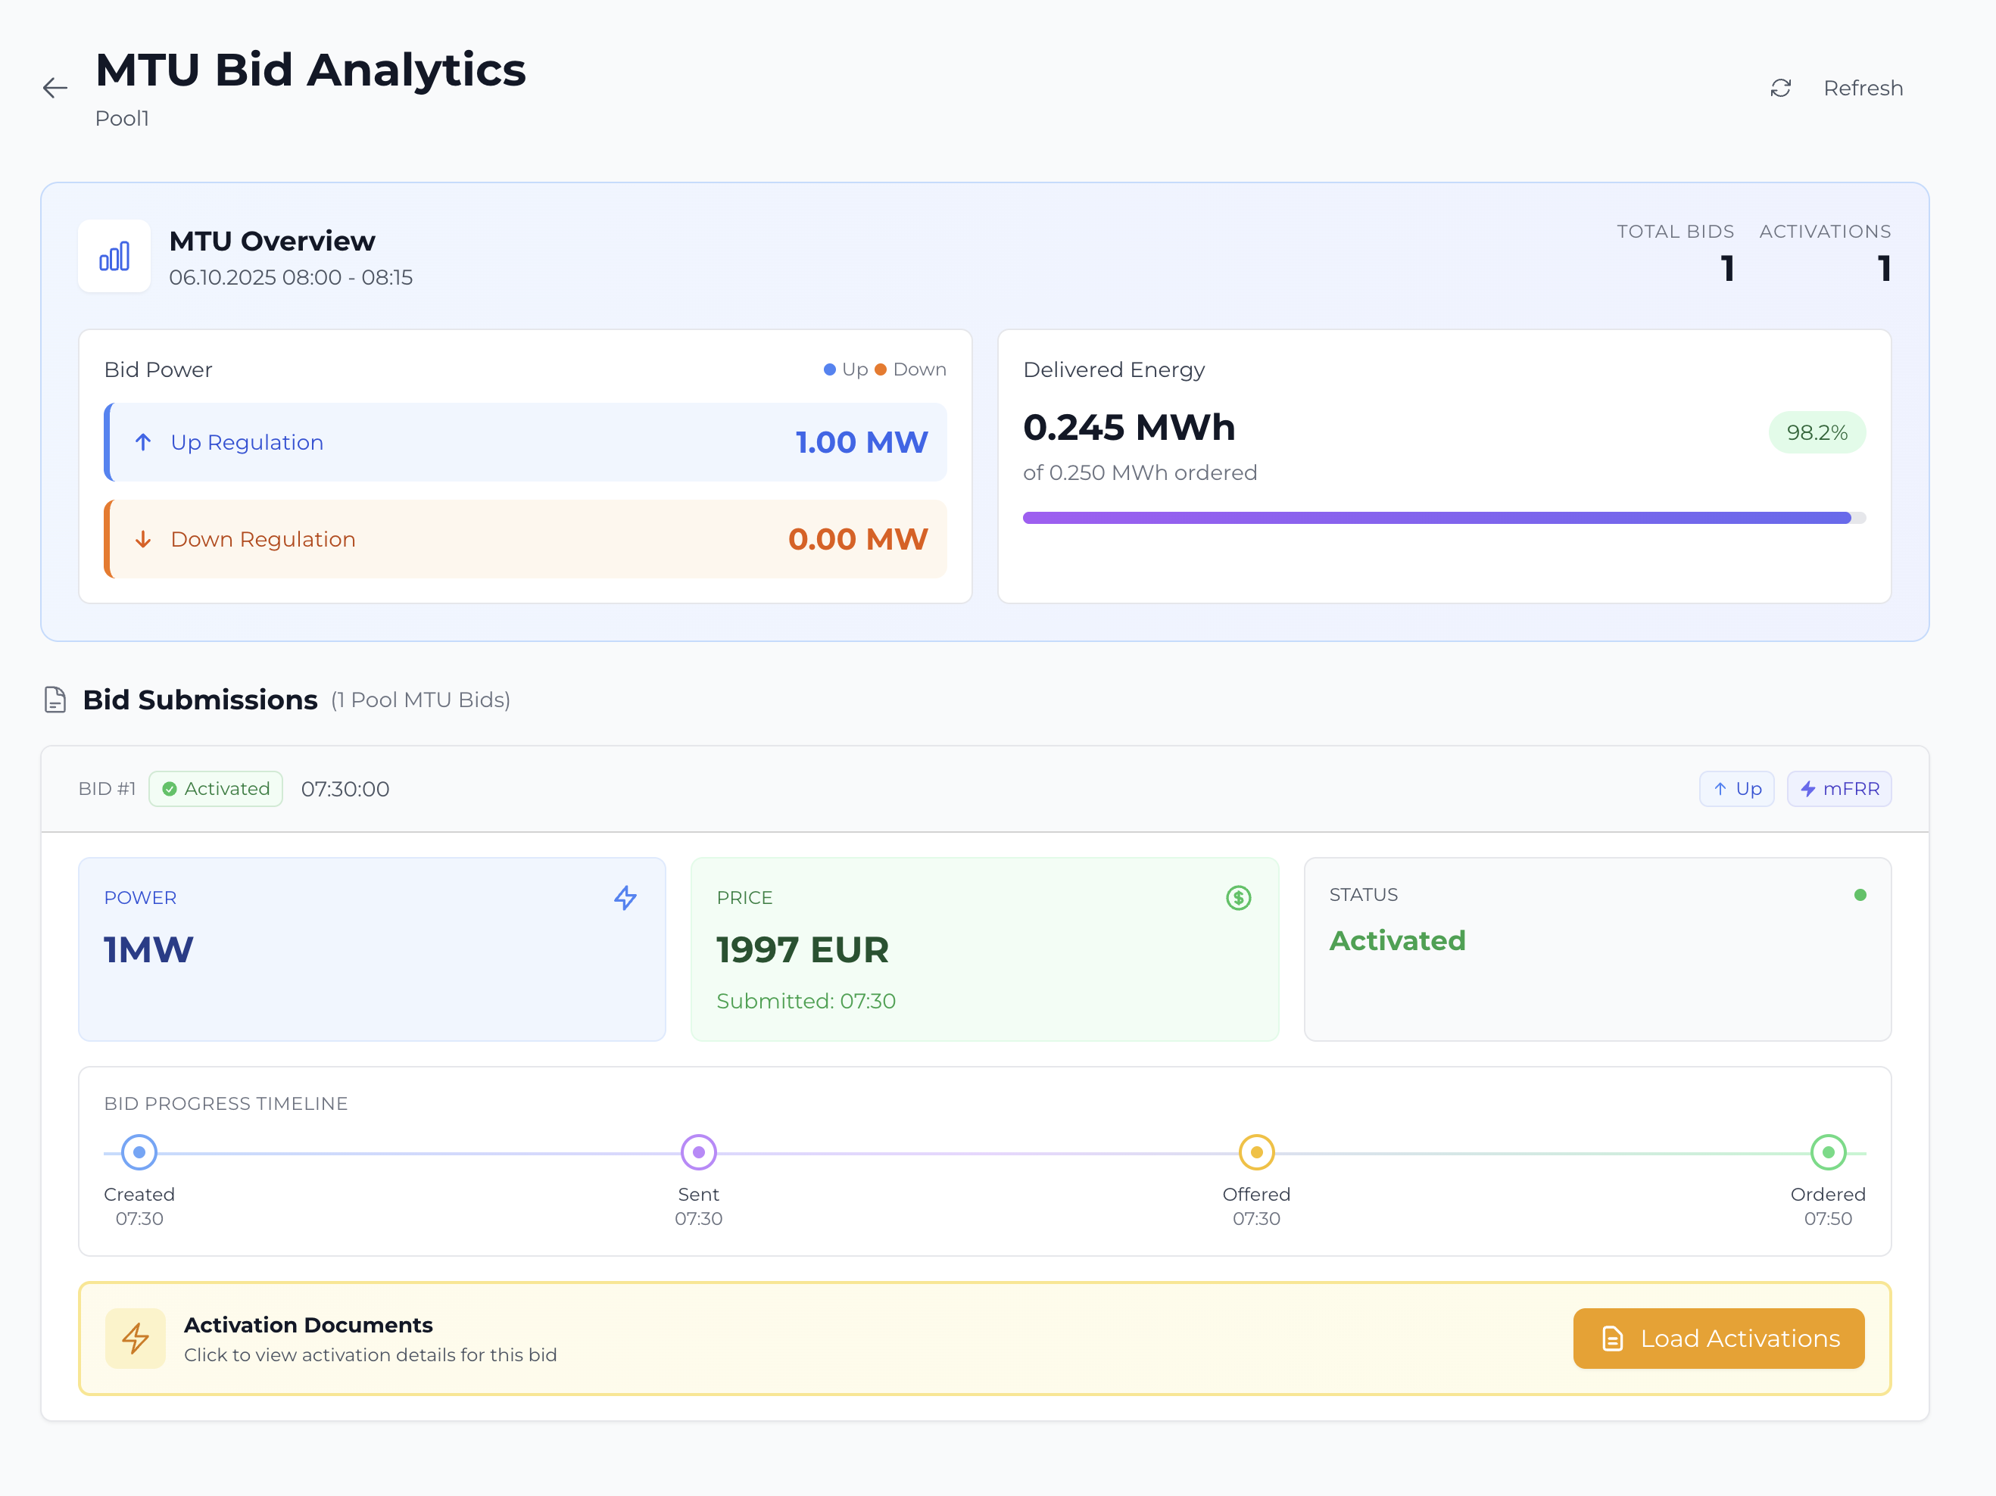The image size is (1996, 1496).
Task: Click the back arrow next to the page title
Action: (55, 88)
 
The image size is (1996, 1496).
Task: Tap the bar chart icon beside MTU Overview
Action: (114, 256)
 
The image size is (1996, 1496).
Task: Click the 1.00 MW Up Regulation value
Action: (861, 442)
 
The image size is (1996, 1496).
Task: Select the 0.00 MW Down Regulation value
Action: (857, 539)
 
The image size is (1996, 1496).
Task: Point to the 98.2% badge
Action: (1817, 432)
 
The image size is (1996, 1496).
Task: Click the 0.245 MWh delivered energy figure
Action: (1129, 427)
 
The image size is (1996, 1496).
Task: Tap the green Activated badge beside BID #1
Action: (216, 789)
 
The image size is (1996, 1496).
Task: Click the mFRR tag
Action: (1839, 789)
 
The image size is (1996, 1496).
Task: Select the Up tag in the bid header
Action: (1737, 789)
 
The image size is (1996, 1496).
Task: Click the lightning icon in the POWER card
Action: (625, 897)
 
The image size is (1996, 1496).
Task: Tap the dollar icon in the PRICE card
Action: (1238, 897)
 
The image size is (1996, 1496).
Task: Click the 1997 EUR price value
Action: (802, 949)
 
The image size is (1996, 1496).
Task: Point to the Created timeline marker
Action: (139, 1152)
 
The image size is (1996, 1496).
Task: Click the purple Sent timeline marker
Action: (698, 1152)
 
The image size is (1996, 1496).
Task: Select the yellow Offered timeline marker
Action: (1256, 1152)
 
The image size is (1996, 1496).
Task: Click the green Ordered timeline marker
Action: (1828, 1152)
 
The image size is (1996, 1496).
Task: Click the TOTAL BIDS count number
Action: (1727, 268)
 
